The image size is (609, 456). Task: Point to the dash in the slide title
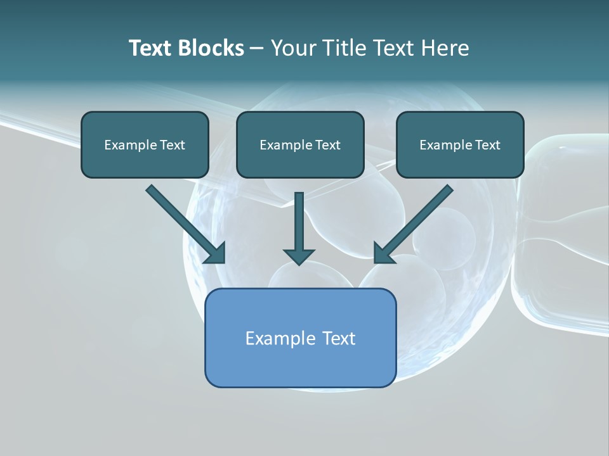click(x=257, y=49)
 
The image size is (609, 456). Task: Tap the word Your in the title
click(x=294, y=48)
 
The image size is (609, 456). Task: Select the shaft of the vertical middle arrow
click(x=299, y=218)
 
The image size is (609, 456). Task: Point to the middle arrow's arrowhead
click(x=299, y=256)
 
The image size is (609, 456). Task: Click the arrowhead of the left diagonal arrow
click(x=216, y=253)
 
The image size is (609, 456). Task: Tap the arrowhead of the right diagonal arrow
click(x=384, y=253)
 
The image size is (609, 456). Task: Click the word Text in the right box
click(x=487, y=145)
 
